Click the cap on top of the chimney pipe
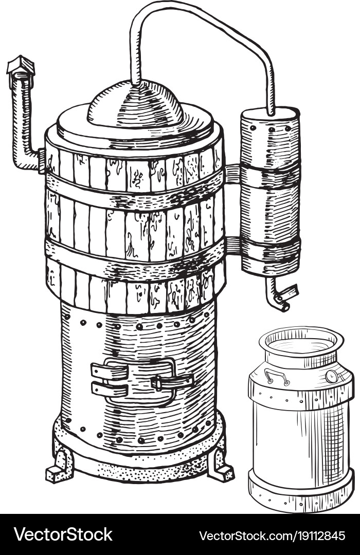click(x=21, y=66)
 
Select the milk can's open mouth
click(x=301, y=342)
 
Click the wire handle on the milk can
click(x=276, y=376)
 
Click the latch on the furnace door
click(x=172, y=382)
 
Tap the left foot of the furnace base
click(x=60, y=466)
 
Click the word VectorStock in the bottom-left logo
click(x=63, y=534)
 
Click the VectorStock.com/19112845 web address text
click(x=272, y=535)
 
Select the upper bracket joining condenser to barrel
click(x=232, y=174)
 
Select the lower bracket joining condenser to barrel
click(x=232, y=245)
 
